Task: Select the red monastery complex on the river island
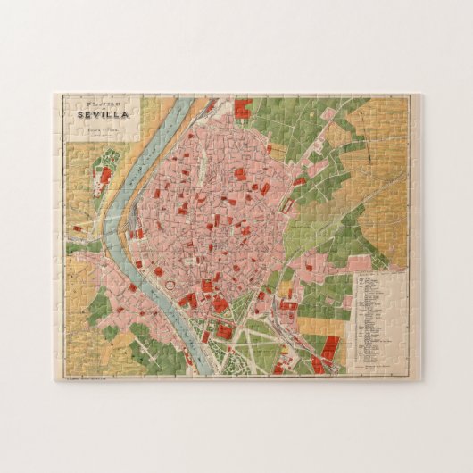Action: (104, 175)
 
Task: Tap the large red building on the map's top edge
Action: (243, 109)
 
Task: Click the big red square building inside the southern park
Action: (224, 332)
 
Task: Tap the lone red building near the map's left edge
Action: (77, 228)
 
